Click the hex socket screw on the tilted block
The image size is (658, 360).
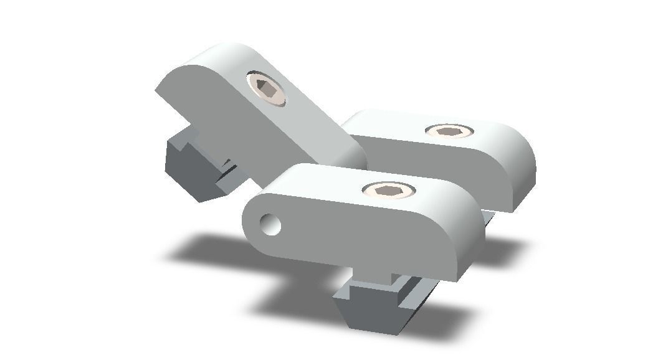[x=266, y=88]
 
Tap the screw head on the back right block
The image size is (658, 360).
[x=449, y=131]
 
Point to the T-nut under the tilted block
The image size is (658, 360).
[x=193, y=165]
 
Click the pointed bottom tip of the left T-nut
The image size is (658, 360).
[x=206, y=198]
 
